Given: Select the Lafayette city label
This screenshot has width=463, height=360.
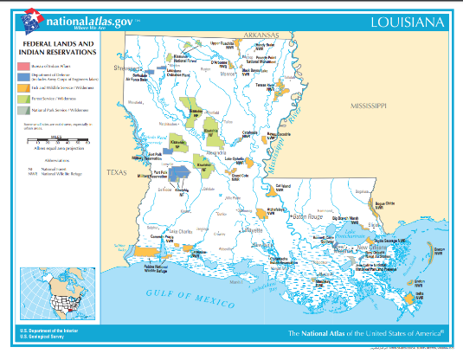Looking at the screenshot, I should (x=252, y=231).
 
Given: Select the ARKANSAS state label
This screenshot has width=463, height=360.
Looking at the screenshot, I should (x=259, y=35).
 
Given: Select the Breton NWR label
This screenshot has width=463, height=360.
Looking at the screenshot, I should (x=440, y=250).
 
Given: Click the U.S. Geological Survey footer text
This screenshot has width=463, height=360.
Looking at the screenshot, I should (x=43, y=337).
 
